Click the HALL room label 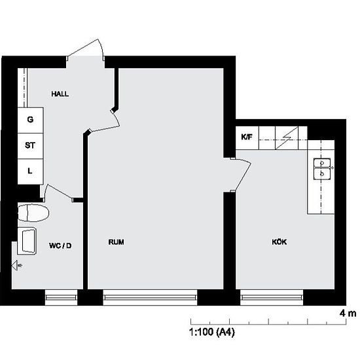[x=60, y=94]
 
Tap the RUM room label [x=116, y=242]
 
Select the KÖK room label [x=279, y=242]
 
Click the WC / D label [x=60, y=245]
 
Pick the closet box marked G [x=30, y=120]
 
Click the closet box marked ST [x=30, y=145]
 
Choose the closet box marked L [x=30, y=171]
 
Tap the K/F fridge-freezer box [x=247, y=137]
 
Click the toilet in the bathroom [x=33, y=213]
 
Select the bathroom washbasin [x=28, y=242]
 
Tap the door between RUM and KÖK [x=242, y=174]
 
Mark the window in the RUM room [x=150, y=298]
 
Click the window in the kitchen [x=272, y=298]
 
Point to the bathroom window [x=61, y=298]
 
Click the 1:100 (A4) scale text [x=212, y=333]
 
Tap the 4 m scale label [x=347, y=314]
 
